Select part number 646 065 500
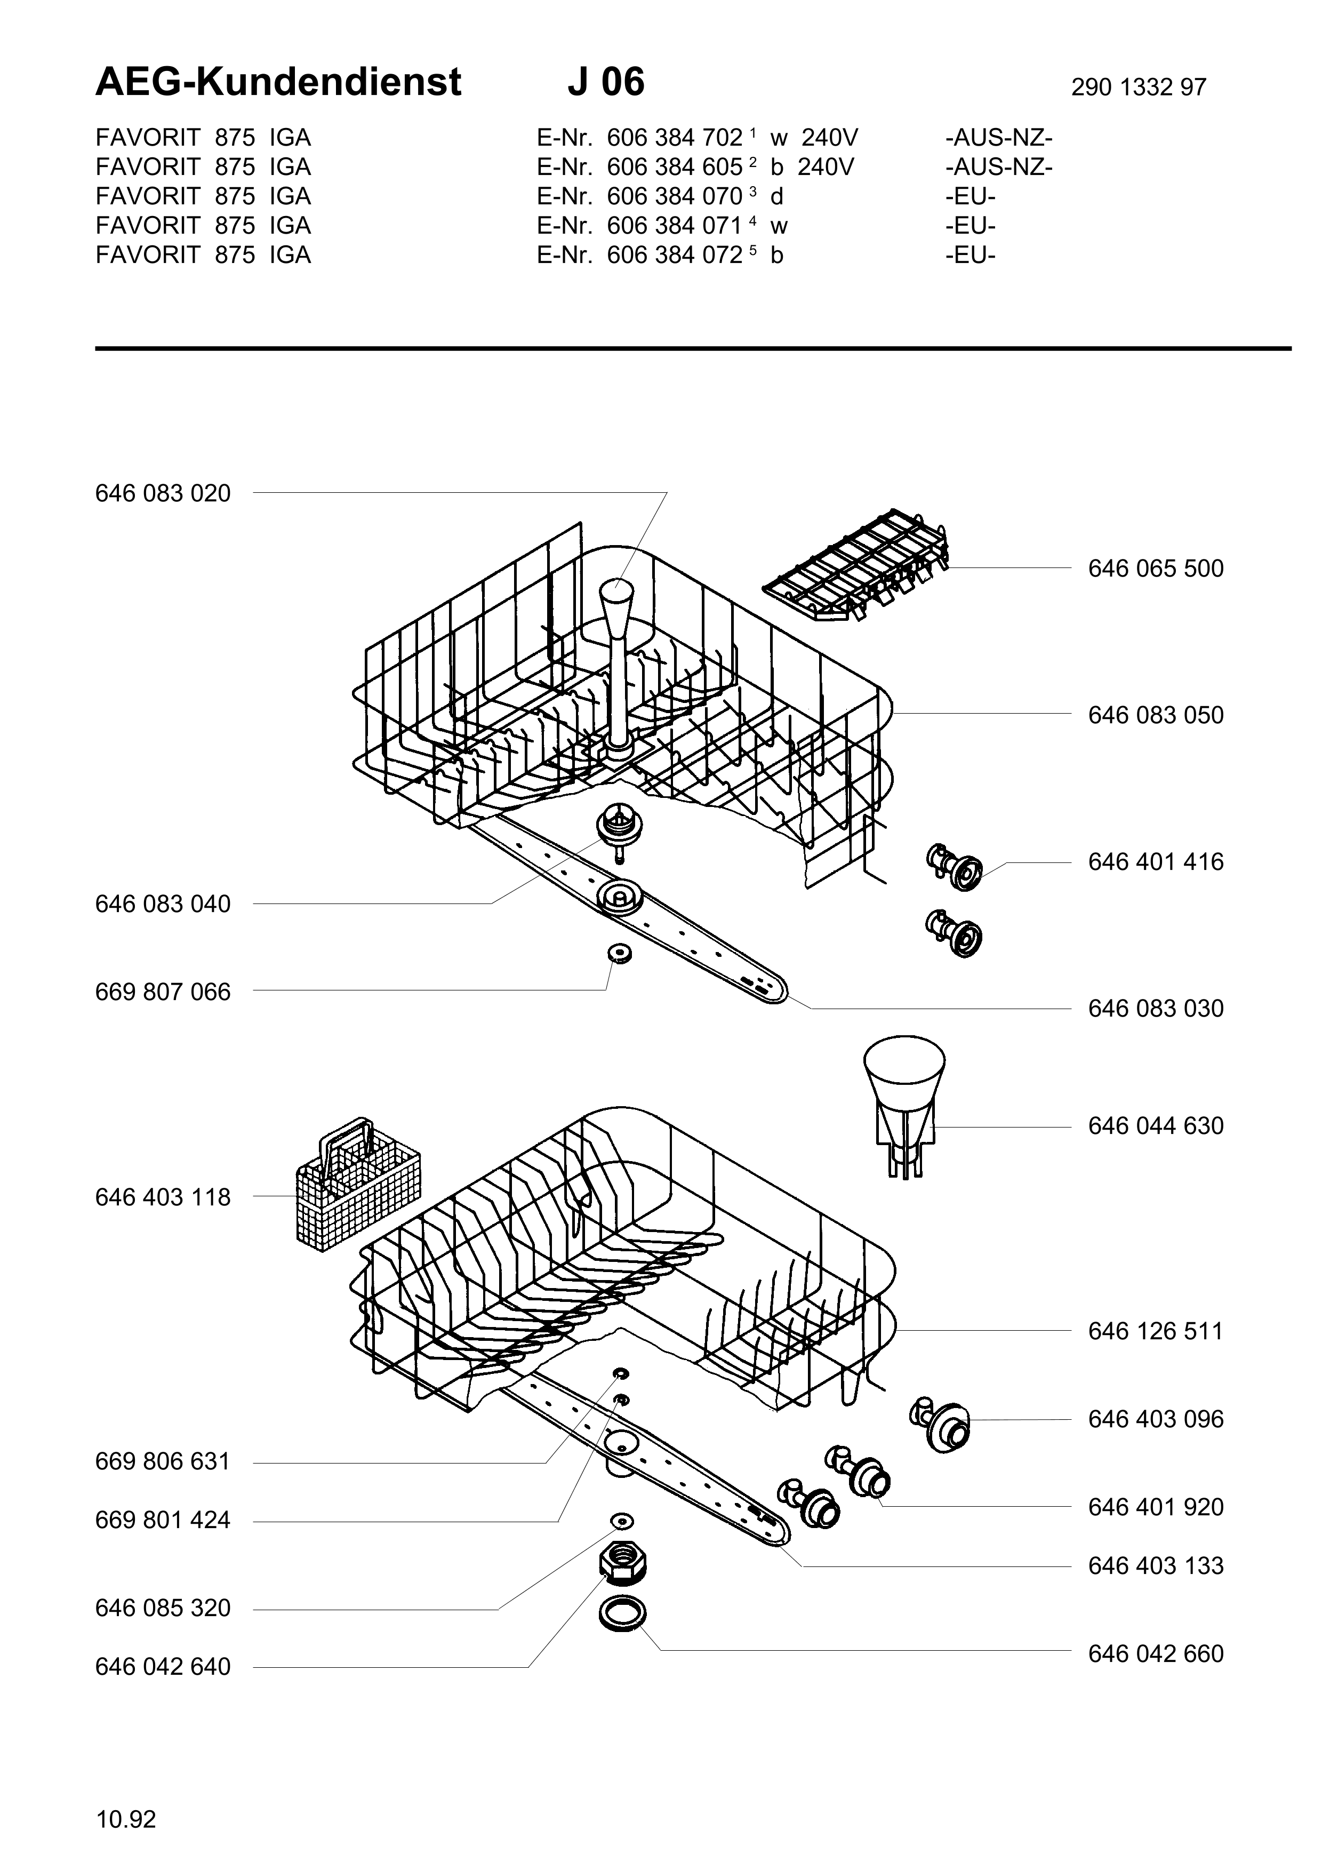[1156, 568]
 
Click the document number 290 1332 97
[1139, 87]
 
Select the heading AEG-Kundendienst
[278, 82]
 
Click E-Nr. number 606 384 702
[675, 137]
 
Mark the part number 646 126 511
[1156, 1331]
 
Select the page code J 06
[606, 82]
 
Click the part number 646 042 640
[163, 1667]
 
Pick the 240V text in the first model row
[830, 137]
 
